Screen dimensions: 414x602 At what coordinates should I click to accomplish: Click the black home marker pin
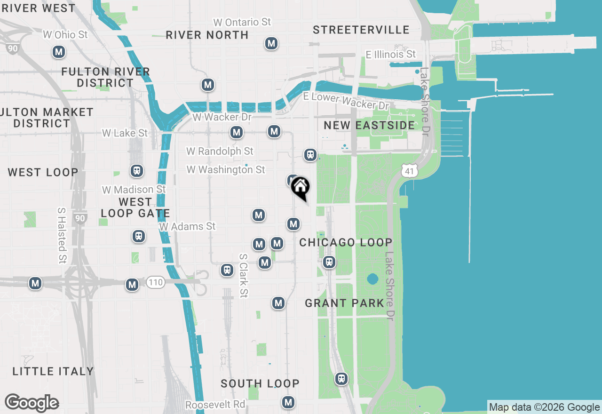(x=300, y=187)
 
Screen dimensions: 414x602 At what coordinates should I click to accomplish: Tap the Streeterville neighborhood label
(x=361, y=30)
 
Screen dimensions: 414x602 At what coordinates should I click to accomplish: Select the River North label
(x=207, y=35)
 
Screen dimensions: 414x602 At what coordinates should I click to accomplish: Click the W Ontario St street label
(x=242, y=22)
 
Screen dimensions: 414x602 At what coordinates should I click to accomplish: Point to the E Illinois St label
(x=391, y=55)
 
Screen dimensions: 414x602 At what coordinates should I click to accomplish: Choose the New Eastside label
(x=369, y=126)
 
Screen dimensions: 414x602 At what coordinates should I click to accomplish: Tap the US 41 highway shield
(x=410, y=171)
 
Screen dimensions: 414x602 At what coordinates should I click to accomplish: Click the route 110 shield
(x=155, y=283)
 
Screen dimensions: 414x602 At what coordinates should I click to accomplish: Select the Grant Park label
(x=345, y=303)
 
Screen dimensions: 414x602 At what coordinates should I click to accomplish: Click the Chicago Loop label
(x=346, y=243)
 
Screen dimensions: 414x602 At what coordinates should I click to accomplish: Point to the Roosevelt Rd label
(x=215, y=405)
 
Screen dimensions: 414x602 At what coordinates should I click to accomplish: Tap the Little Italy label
(x=53, y=372)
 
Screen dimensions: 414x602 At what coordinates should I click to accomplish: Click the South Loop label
(x=260, y=384)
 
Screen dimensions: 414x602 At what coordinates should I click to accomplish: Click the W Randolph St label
(x=220, y=151)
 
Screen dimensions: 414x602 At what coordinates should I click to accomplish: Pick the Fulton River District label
(x=106, y=77)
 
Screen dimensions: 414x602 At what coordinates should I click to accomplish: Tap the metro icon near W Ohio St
(x=59, y=52)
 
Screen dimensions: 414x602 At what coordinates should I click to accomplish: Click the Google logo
(x=32, y=403)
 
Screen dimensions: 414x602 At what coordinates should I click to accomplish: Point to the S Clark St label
(x=243, y=276)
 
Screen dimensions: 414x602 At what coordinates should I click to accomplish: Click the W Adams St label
(x=187, y=227)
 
